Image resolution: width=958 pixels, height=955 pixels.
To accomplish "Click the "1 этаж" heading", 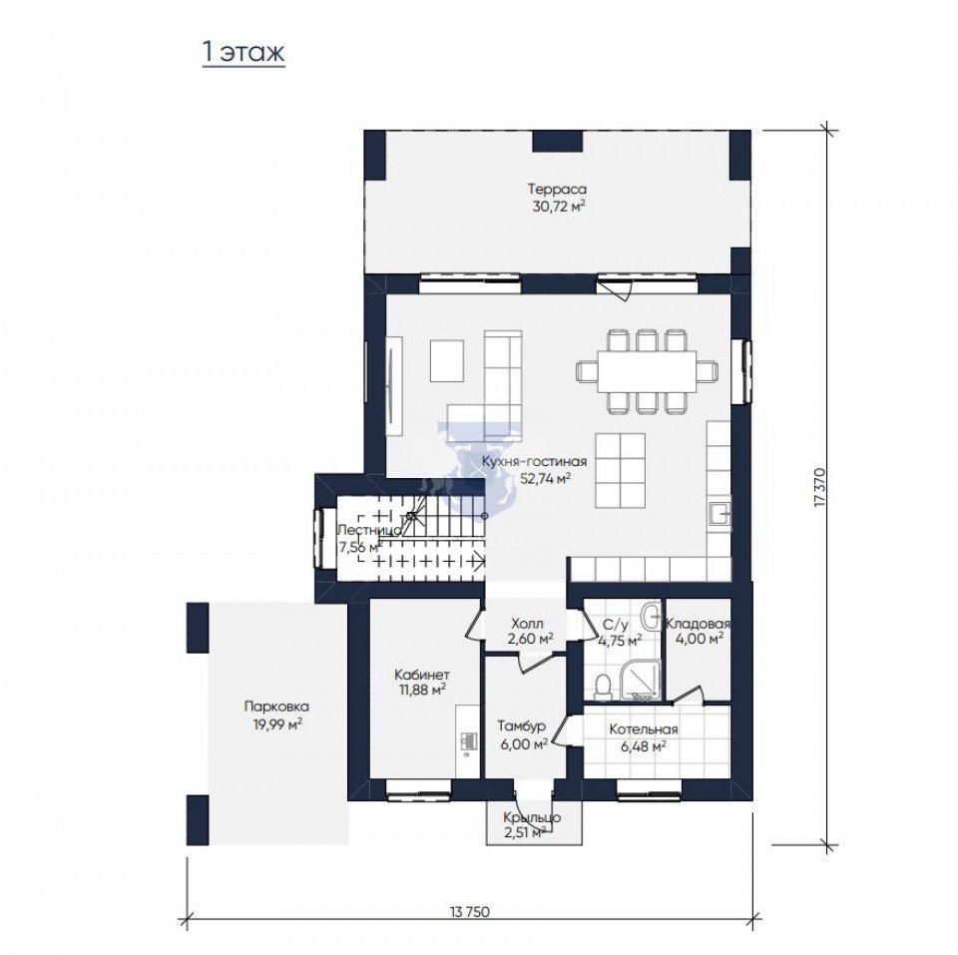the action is (243, 52).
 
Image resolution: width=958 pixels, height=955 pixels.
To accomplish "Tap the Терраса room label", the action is (557, 189).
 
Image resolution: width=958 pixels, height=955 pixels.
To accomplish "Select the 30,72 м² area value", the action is (559, 207).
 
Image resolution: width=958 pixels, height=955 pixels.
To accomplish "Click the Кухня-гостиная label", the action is (534, 462).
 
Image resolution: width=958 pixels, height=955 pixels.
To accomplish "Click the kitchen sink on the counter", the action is (719, 514).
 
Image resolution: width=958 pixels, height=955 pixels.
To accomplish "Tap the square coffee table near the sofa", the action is (447, 360).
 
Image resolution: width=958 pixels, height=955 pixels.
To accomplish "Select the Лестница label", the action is (369, 530).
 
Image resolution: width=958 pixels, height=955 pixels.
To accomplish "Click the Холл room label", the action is (527, 625).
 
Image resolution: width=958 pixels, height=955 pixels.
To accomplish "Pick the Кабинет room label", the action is (421, 676).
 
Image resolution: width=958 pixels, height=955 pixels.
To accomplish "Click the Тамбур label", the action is (521, 726).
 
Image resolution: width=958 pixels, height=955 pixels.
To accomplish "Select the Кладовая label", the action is (698, 624).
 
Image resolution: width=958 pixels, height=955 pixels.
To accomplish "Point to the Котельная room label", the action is (644, 729).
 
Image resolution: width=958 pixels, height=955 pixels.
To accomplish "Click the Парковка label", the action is (276, 707).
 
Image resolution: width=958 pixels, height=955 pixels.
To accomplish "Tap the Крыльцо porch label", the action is (532, 817).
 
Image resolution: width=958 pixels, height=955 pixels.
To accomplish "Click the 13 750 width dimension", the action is (470, 912).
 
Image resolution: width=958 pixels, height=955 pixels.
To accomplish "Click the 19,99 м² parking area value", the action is (278, 724).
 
